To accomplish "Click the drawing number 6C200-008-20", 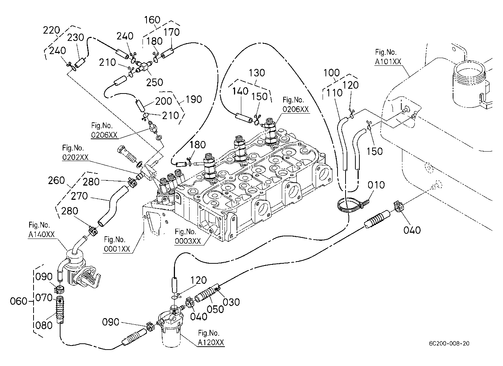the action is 449,343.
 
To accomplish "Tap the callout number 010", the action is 376,185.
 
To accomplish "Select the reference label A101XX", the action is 388,62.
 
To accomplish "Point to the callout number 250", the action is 155,83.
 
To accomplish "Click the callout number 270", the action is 79,196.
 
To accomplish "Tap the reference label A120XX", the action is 211,342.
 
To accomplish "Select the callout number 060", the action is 19,301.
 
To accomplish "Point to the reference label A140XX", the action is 42,235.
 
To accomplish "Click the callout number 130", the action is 257,73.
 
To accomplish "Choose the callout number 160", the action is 152,20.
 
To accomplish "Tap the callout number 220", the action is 51,30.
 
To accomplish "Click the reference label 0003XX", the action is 188,241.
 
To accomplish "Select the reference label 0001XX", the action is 117,249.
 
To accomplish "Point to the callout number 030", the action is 231,302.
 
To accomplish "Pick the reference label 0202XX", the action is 75,157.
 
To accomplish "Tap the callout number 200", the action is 163,101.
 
